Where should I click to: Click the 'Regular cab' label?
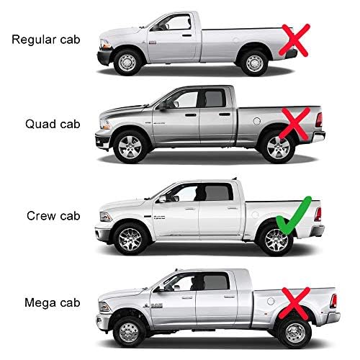pyautogui.click(x=46, y=40)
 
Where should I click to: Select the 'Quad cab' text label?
pyautogui.click(x=53, y=124)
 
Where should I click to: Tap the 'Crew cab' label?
pyautogui.click(x=53, y=216)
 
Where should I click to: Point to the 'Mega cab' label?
pyautogui.click(x=52, y=303)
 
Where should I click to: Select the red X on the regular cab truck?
pyautogui.click(x=294, y=40)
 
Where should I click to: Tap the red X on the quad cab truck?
pyautogui.click(x=294, y=123)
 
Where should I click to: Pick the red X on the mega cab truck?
pyautogui.click(x=295, y=304)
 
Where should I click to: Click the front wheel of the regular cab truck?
pyautogui.click(x=127, y=63)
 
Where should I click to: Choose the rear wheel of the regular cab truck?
pyautogui.click(x=254, y=63)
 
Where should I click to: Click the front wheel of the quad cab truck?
pyautogui.click(x=130, y=147)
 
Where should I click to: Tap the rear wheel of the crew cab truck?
pyautogui.click(x=276, y=240)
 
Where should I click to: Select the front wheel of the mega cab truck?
pyautogui.click(x=129, y=332)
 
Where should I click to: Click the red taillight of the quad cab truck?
pyautogui.click(x=319, y=120)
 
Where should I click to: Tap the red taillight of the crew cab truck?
pyautogui.click(x=318, y=215)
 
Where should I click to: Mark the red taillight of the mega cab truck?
pyautogui.click(x=333, y=301)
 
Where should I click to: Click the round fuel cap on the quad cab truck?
pyautogui.click(x=257, y=121)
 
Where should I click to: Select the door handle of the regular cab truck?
pyautogui.click(x=186, y=35)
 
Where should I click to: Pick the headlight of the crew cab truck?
pyautogui.click(x=106, y=217)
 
